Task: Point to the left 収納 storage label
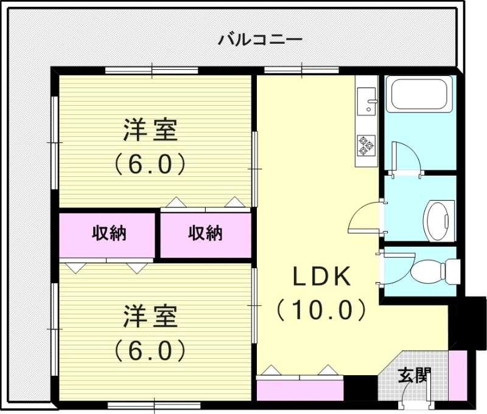[x=109, y=233]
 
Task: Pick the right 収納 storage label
[x=205, y=233]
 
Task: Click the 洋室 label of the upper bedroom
[x=150, y=131]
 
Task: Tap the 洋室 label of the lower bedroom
[x=150, y=317]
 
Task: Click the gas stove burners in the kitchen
[x=366, y=145]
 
